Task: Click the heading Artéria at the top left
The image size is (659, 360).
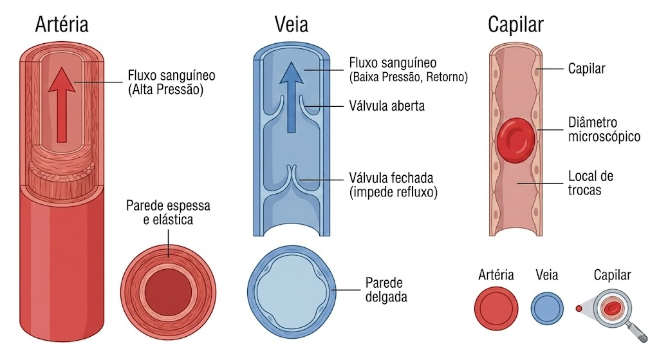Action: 62,24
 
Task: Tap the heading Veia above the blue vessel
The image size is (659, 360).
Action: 292,24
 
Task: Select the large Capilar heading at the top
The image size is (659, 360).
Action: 515,25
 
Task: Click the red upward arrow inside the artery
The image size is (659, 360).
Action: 62,105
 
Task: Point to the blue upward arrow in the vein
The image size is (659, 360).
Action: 292,97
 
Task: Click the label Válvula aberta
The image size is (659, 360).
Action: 387,106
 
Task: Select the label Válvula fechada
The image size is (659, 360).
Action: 391,178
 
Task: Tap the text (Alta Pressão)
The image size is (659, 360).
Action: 165,90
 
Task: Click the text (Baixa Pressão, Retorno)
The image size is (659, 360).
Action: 408,77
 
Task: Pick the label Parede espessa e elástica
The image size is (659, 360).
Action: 168,213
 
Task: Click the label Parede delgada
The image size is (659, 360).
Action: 386,290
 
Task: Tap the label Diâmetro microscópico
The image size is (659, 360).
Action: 604,129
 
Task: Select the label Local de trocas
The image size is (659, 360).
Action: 591,182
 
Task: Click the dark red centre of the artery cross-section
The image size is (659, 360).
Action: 168,292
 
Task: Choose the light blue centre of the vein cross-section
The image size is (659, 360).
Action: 292,292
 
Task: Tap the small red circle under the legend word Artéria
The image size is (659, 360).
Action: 496,308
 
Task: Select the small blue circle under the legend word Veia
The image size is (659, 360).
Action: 547,308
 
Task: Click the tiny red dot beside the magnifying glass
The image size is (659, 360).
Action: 579,308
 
